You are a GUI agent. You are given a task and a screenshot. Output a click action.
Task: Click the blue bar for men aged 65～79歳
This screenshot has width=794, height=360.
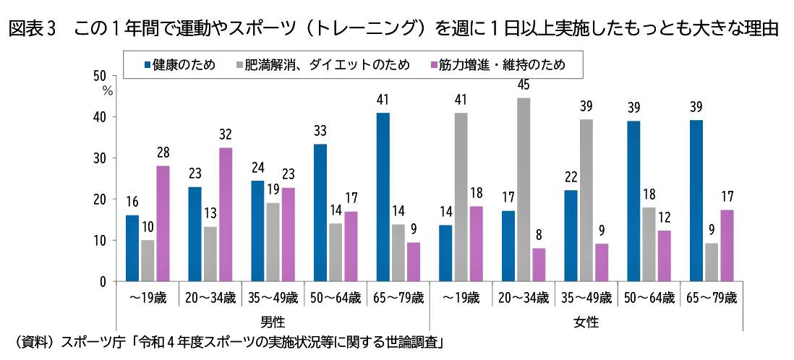click(x=383, y=197)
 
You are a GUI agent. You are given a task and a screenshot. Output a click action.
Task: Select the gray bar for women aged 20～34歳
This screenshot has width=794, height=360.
click(x=524, y=189)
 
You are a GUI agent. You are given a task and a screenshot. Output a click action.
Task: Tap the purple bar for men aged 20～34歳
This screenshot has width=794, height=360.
click(x=226, y=214)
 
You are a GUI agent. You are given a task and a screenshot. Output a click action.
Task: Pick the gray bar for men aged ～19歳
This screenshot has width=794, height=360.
click(x=148, y=260)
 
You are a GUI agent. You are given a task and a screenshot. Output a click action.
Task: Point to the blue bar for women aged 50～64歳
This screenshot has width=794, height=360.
click(x=633, y=201)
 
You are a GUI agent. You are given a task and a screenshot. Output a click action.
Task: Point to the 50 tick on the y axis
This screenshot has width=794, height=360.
click(x=101, y=76)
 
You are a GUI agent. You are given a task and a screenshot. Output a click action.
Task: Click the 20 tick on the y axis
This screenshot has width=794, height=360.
click(x=101, y=200)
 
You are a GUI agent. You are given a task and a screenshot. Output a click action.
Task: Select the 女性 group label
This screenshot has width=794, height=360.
click(x=586, y=320)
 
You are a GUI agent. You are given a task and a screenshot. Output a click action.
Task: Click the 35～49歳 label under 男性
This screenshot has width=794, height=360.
click(x=273, y=297)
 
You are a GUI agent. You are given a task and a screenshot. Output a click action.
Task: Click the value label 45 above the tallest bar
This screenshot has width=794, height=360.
click(x=524, y=85)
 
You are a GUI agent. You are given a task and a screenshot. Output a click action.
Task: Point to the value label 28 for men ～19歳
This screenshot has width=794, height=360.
click(x=163, y=153)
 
